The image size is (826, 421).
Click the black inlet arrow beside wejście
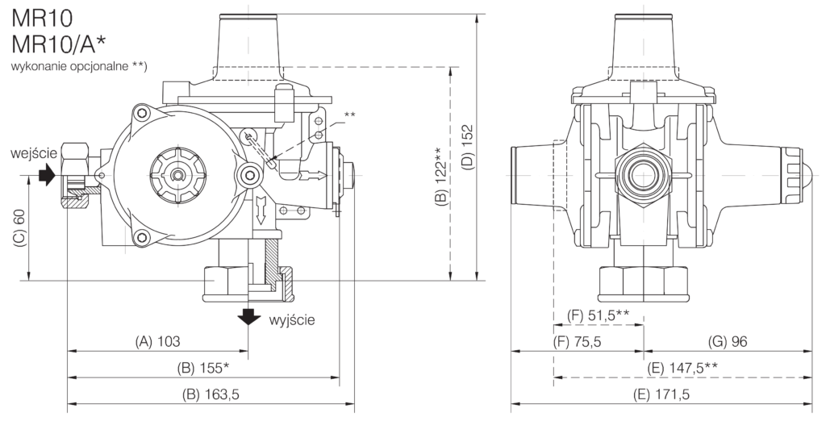[x=47, y=174]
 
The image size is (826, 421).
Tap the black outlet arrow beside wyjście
[x=248, y=316]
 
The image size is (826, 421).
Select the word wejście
[x=35, y=154]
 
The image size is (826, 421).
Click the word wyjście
[x=292, y=320]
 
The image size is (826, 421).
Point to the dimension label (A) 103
[x=157, y=341]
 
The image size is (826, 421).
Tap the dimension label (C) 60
[x=19, y=228]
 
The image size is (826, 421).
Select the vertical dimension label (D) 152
[x=468, y=147]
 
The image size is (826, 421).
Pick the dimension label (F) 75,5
[x=578, y=342]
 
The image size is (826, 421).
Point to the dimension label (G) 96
[x=728, y=342]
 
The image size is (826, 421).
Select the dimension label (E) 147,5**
[x=682, y=368]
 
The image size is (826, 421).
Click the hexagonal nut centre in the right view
[x=643, y=176]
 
